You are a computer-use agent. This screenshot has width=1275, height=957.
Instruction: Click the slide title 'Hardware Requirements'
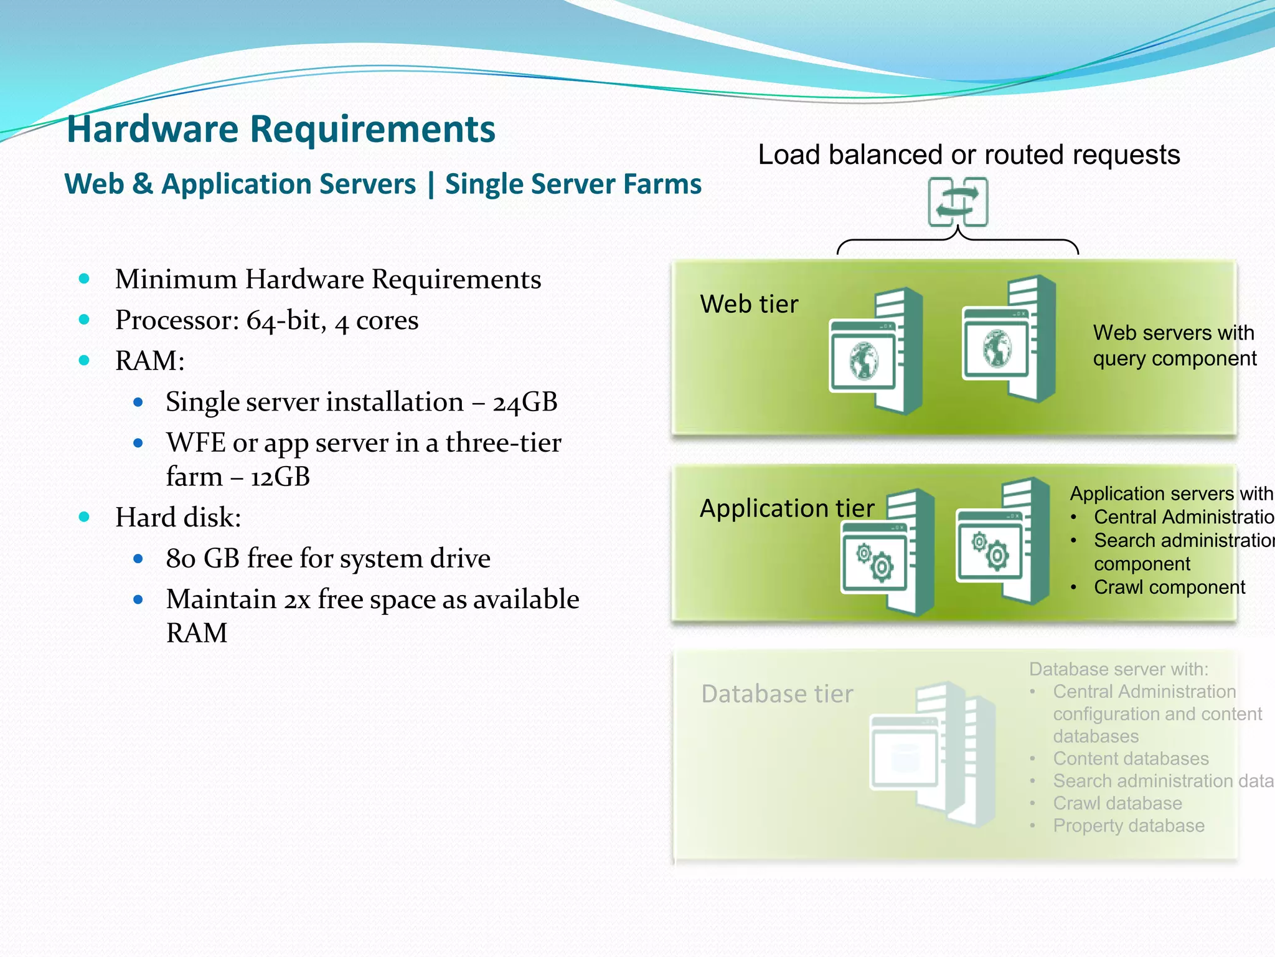281,129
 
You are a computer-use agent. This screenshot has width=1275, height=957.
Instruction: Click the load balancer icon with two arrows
957,202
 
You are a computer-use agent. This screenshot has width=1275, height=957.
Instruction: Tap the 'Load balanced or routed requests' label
968,155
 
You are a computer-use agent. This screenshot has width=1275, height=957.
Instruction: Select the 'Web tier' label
749,304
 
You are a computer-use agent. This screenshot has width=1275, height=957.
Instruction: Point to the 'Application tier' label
787,508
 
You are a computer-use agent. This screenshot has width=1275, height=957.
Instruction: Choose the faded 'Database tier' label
777,694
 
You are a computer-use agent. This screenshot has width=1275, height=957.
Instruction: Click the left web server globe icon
864,360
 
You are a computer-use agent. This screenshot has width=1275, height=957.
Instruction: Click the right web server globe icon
997,348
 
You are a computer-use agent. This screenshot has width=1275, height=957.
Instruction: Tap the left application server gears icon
874,561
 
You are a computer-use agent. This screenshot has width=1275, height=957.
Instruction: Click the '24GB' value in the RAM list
525,402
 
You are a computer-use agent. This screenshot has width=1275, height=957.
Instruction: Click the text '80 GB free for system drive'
328,558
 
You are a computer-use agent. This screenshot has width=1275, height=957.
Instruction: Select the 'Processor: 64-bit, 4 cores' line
266,320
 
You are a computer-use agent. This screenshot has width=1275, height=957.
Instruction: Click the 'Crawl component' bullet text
1169,587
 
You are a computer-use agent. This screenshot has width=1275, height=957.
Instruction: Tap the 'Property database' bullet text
1128,826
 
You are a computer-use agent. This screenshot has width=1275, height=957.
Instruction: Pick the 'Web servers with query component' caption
1174,346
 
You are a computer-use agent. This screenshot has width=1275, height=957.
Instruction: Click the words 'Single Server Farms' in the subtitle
573,184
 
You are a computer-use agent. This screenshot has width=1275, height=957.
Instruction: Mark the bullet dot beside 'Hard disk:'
85,517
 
